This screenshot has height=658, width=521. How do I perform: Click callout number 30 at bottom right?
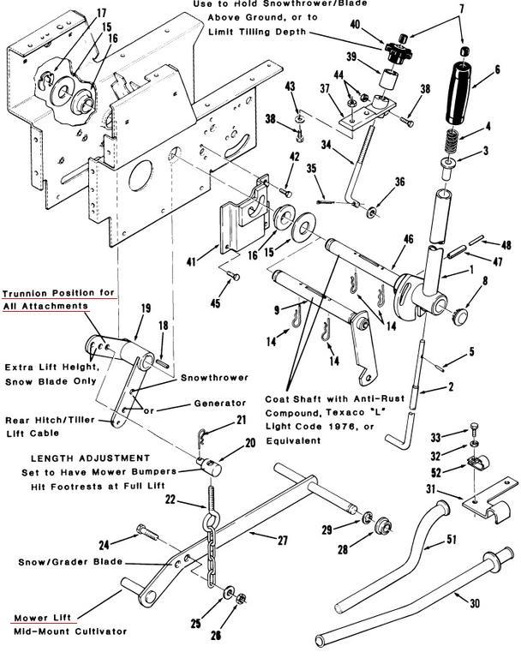[x=475, y=602]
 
